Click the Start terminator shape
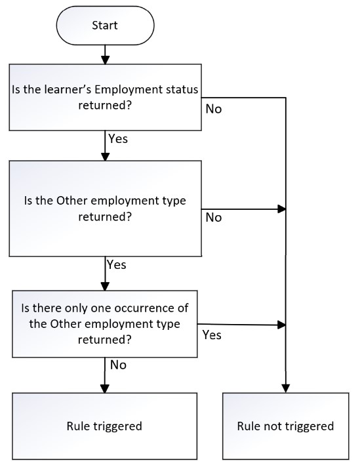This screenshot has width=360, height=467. pos(105,26)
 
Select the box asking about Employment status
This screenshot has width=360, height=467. pos(105,97)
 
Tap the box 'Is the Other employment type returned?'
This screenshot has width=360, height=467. pos(105,209)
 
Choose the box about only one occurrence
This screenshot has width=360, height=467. pos(104,324)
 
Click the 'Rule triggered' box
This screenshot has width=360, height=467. pos(104,426)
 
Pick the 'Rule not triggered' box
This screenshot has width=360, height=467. pos(285,426)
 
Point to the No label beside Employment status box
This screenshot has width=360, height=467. pos(214,109)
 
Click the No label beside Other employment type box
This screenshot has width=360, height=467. pos(214,217)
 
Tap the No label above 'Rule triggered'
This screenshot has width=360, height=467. pos(118,365)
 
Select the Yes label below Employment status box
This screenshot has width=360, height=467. pos(118,138)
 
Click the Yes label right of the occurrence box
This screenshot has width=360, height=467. pos(212,335)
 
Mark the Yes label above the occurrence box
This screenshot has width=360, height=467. pos(117,264)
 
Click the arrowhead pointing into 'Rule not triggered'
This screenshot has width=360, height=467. pos(285,388)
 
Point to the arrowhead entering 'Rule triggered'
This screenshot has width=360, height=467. pos(105,388)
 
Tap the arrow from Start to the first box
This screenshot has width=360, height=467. pos(105,54)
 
